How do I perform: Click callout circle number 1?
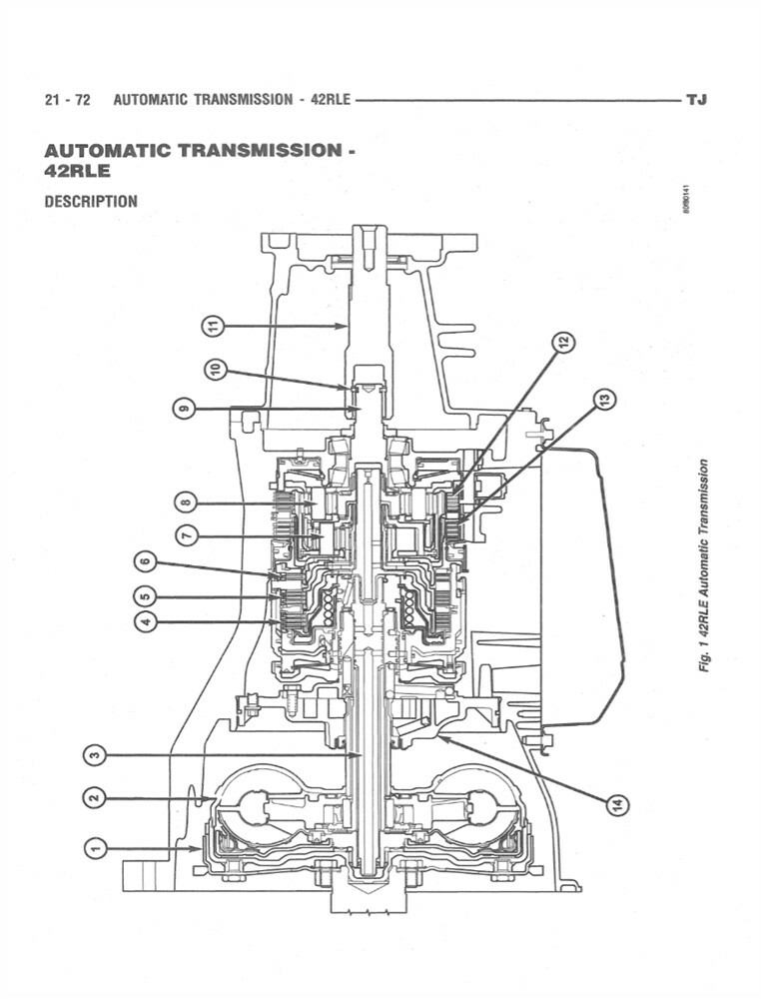[x=95, y=848]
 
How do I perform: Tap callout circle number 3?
[x=95, y=756]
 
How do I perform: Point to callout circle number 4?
[x=145, y=621]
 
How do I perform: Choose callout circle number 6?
[x=145, y=563]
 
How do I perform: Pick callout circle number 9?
[x=182, y=409]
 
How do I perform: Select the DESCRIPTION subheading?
[x=91, y=201]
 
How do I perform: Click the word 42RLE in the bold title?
[x=77, y=171]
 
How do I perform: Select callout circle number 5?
[x=145, y=596]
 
